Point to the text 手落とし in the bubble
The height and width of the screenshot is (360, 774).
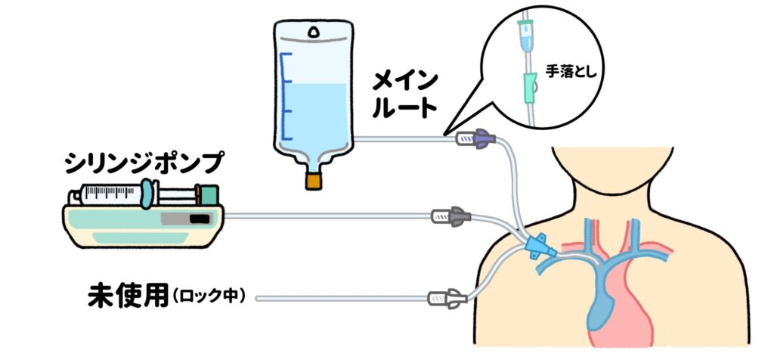tap(575, 74)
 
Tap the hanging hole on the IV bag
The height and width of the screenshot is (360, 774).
tap(313, 32)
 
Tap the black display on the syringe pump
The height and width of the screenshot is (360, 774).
tap(198, 219)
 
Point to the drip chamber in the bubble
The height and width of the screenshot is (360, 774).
tap(523, 35)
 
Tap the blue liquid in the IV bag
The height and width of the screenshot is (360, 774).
tap(313, 113)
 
